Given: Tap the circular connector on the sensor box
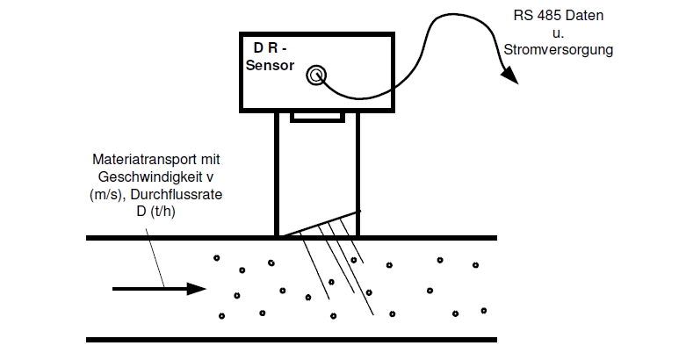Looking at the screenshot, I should click(314, 76).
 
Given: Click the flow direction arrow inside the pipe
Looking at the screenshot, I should click(157, 289).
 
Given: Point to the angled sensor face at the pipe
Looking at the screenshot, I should click(318, 223).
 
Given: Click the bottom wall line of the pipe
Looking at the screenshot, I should click(291, 339).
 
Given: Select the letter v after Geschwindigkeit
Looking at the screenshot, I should click(213, 176).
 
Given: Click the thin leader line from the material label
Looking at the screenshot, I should click(148, 249).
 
